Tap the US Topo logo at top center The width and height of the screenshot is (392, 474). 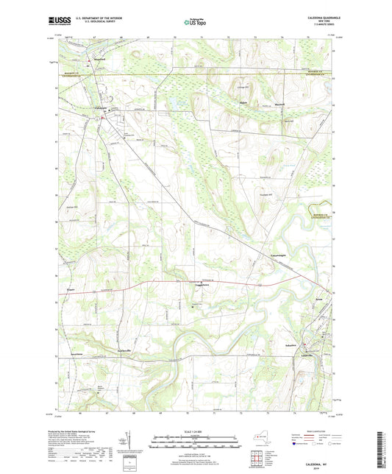click(193, 22)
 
